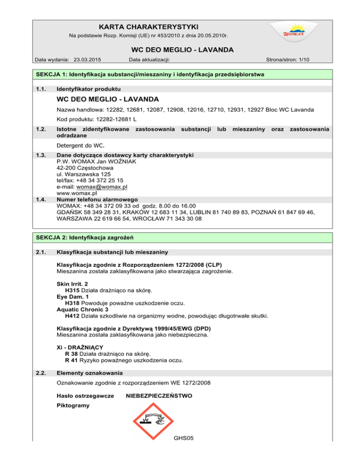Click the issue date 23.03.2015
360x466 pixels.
pyautogui.click(x=88, y=60)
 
